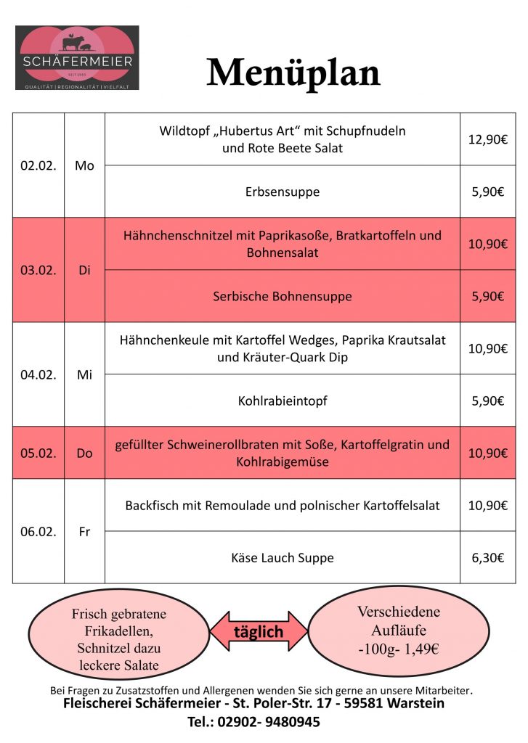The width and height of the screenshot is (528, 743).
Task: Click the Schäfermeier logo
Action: point(77,58)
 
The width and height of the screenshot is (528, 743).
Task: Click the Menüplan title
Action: point(293,73)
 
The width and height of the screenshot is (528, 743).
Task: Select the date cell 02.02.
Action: point(38,165)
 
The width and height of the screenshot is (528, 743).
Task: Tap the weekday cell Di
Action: point(84,270)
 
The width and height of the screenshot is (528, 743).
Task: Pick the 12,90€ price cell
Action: point(487,139)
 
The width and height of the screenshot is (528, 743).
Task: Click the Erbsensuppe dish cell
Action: point(283,192)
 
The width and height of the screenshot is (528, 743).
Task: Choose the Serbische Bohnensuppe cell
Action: point(283,296)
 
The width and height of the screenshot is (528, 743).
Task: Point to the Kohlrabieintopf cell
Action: point(283,401)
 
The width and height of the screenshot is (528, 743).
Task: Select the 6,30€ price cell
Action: point(487,557)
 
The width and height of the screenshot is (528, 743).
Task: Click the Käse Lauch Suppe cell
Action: point(283,557)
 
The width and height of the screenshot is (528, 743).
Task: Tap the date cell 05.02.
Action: point(38,453)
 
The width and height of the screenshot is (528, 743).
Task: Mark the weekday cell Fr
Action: point(84,531)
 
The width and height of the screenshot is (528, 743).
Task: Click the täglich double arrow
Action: point(259,631)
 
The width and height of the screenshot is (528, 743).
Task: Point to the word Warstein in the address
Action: point(416,703)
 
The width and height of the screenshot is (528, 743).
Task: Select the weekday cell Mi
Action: point(84,374)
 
